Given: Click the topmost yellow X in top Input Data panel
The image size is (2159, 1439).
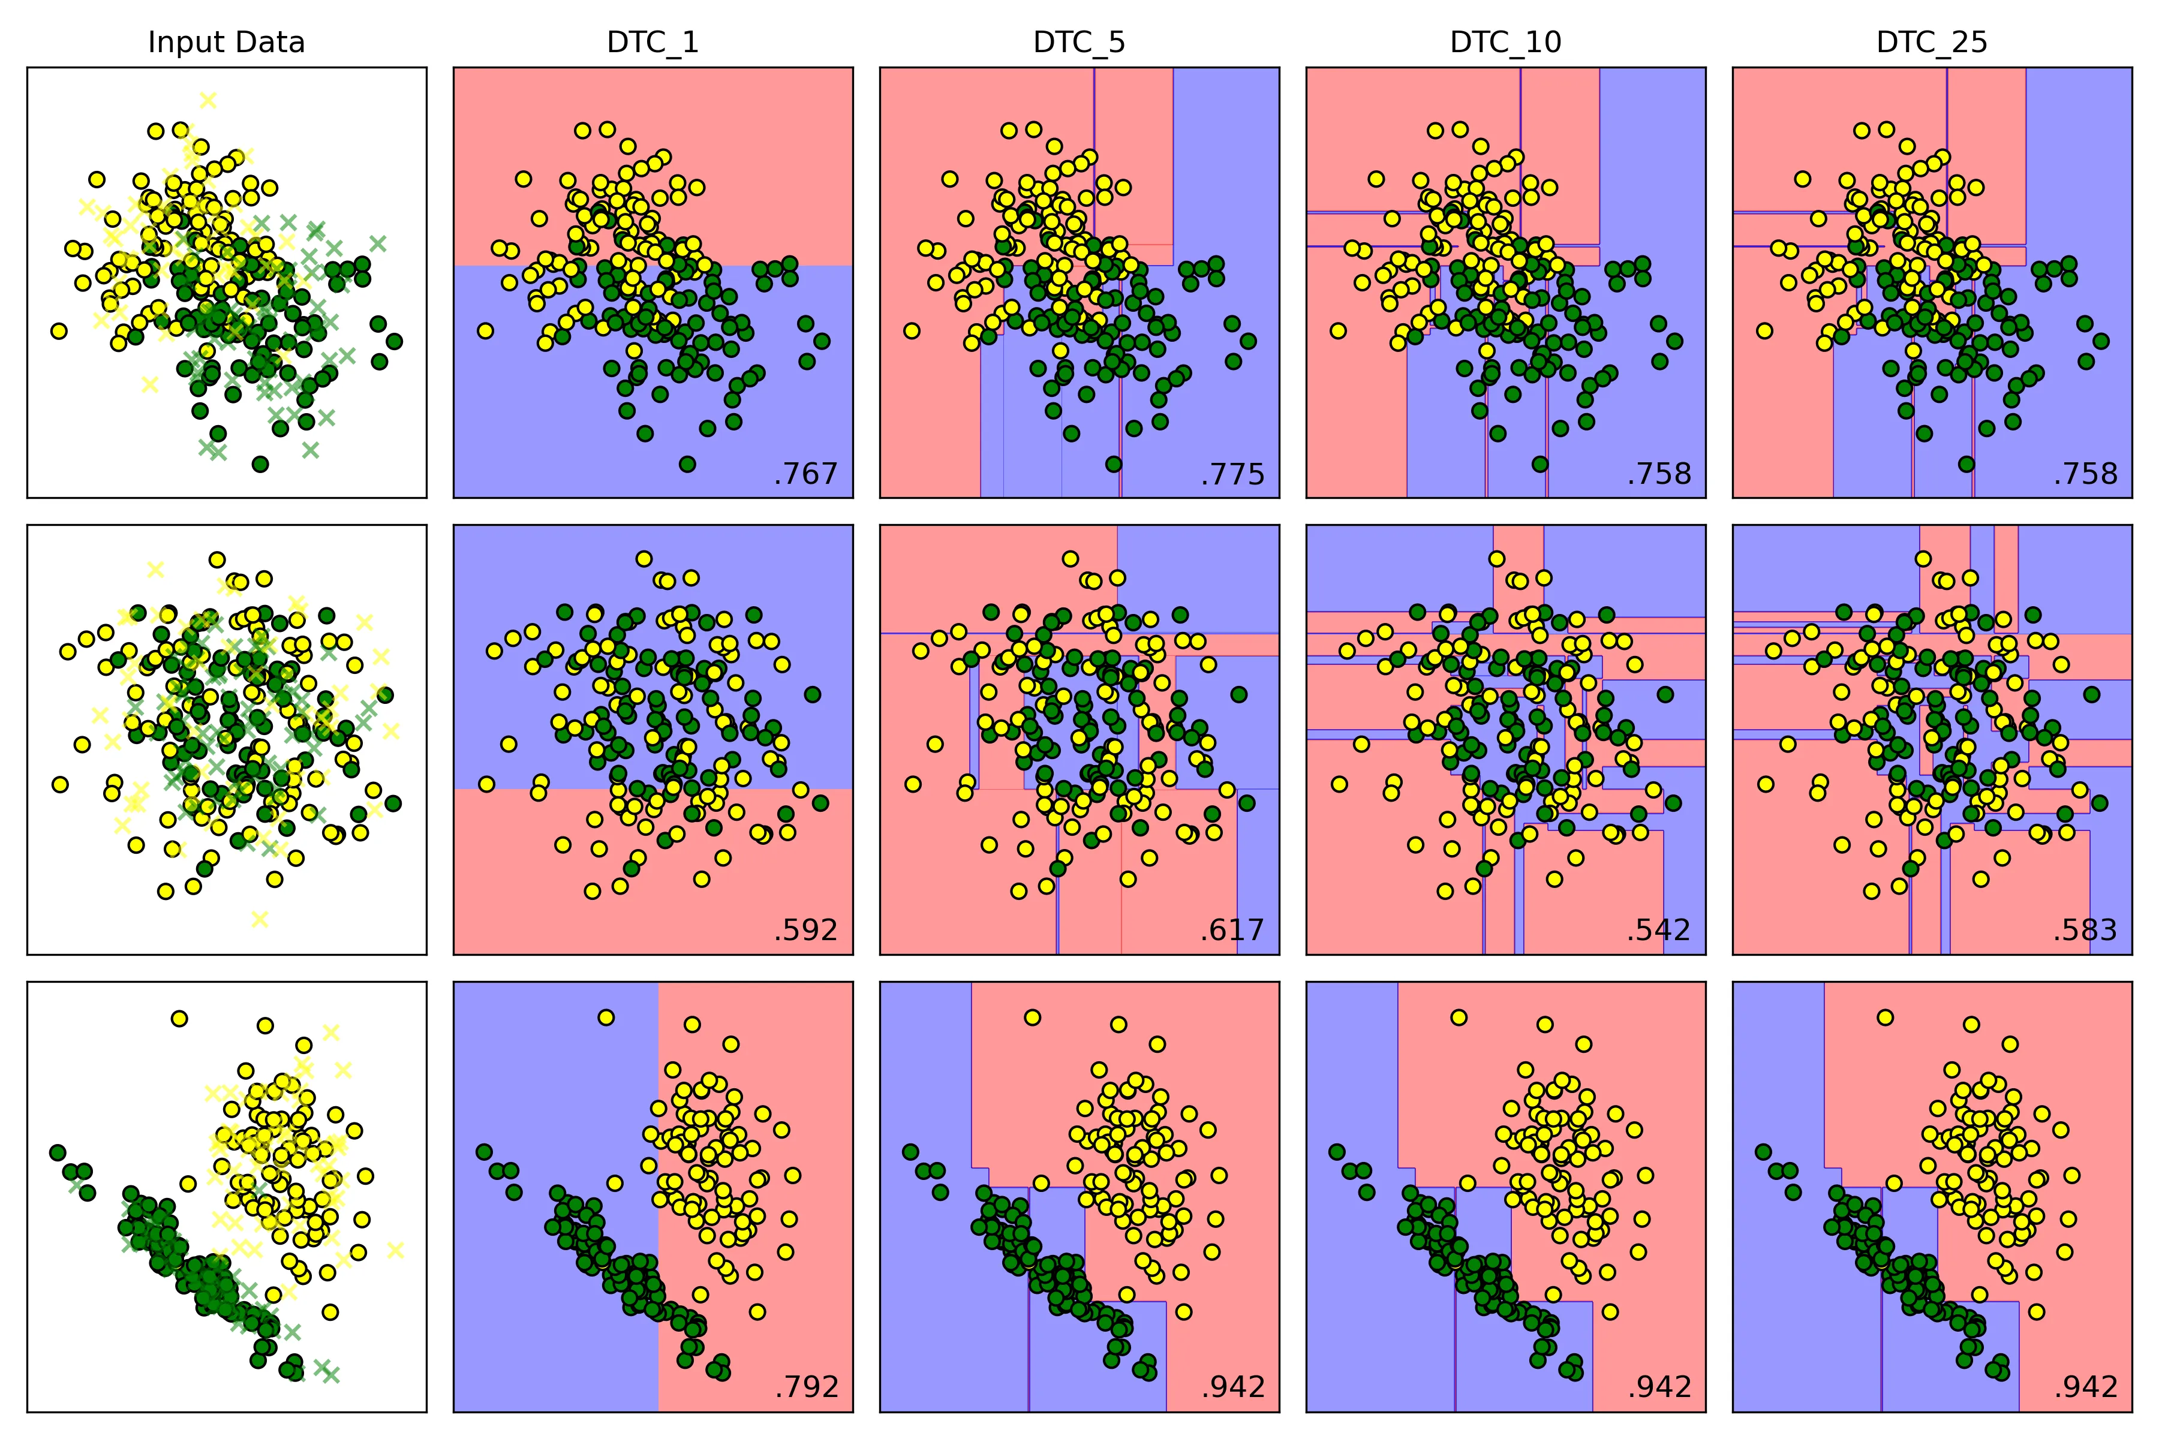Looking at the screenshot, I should (x=208, y=99).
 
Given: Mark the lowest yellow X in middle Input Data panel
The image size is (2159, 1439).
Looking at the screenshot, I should (x=260, y=919).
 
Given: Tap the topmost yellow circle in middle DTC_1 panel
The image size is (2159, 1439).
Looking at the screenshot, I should (x=644, y=559).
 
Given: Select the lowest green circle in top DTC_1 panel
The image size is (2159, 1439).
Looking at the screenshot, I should (x=687, y=464).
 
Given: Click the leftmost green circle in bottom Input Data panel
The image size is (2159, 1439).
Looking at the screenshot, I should (x=57, y=1152).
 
